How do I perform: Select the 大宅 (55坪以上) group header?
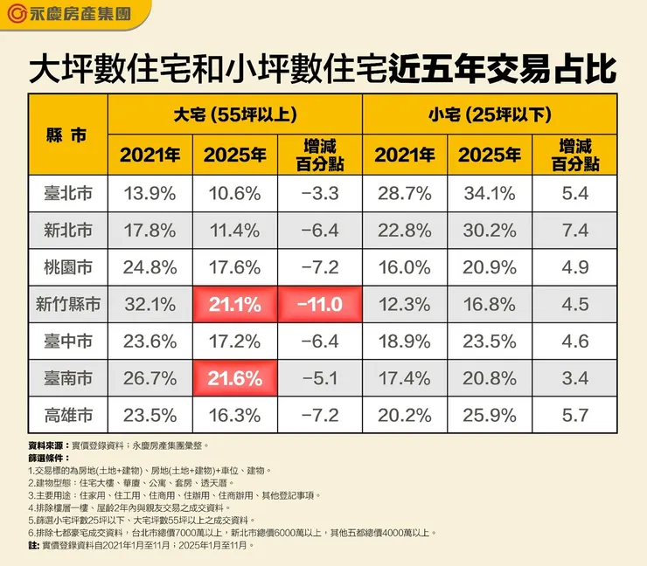tap(234, 115)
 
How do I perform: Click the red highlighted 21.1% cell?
tap(234, 305)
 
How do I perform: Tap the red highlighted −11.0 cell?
tap(319, 305)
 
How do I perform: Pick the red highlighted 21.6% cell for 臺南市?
tap(234, 379)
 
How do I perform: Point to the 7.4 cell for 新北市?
tap(574, 231)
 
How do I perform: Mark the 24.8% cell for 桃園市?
tap(150, 268)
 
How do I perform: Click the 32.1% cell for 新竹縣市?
tap(150, 305)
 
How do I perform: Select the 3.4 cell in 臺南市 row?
tap(574, 379)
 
